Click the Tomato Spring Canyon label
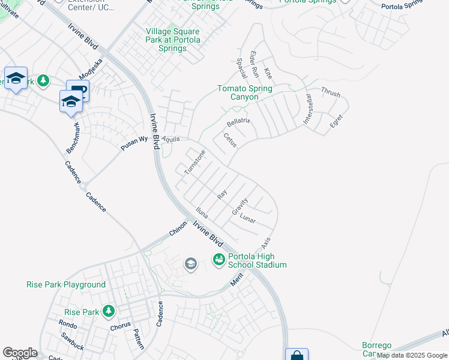click(x=244, y=93)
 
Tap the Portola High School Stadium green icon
click(x=218, y=259)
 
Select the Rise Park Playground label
click(x=66, y=285)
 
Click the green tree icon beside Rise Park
click(x=108, y=311)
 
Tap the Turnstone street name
click(x=194, y=162)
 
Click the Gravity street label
click(x=240, y=206)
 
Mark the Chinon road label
click(x=178, y=228)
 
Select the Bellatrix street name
click(x=238, y=123)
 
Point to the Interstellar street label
click(x=308, y=109)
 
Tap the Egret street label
click(x=336, y=122)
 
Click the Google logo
click(x=20, y=353)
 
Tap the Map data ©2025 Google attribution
click(x=412, y=355)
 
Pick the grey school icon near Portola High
click(x=191, y=264)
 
